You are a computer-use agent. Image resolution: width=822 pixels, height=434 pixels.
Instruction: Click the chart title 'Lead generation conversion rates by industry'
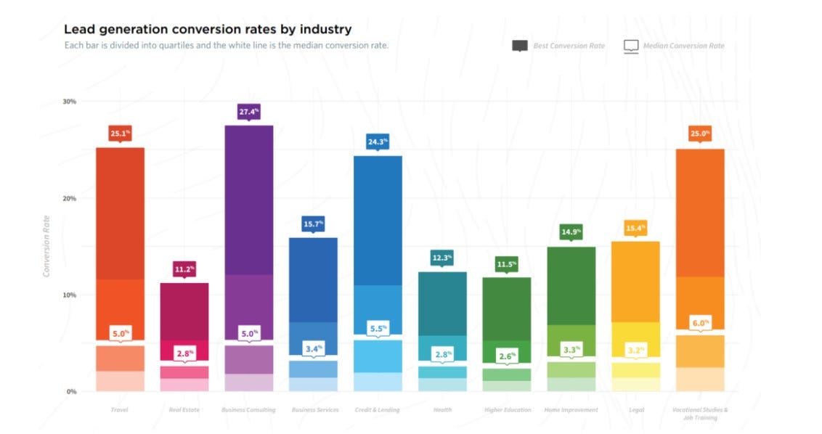point(208,30)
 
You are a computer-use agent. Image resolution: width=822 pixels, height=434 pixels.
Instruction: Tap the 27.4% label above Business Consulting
point(248,112)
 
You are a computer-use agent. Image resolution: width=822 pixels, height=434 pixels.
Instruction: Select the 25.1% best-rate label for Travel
point(120,134)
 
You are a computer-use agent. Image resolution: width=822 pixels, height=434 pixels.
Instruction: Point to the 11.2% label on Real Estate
point(184,269)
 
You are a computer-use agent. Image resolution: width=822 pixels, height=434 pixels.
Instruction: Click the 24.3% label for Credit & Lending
point(378,142)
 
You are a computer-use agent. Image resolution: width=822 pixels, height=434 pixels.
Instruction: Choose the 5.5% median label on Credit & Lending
point(378,328)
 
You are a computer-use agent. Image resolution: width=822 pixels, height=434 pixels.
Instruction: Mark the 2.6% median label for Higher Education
point(506,356)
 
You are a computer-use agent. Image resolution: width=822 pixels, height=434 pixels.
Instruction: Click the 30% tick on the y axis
point(69,102)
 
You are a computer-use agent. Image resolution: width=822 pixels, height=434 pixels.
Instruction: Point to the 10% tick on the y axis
point(69,295)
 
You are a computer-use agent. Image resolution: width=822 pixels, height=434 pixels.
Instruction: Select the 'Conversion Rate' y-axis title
point(47,246)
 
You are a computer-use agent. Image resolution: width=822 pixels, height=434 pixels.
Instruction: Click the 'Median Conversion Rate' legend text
point(683,46)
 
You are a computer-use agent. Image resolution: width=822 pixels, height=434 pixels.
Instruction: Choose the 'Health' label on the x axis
point(442,410)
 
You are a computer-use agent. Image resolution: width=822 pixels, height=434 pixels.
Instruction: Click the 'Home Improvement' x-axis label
point(571,410)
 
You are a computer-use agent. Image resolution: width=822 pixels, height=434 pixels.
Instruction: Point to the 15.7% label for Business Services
point(313,224)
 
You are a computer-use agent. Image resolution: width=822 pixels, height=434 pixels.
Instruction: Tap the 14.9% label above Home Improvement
point(571,233)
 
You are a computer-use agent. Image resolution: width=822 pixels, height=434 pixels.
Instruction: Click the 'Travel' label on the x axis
point(120,410)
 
